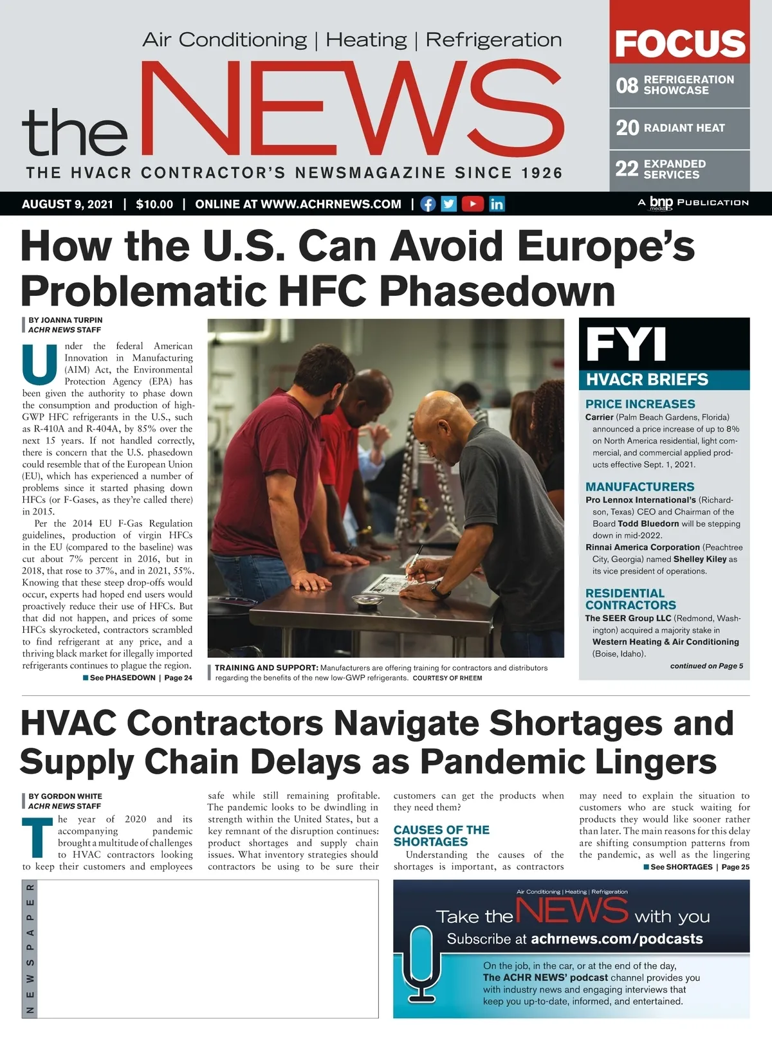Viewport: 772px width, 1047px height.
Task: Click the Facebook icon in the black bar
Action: [x=428, y=204]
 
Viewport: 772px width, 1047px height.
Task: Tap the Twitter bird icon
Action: [x=449, y=204]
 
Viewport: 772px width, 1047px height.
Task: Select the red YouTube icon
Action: [x=472, y=204]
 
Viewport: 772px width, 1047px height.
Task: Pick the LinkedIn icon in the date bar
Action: [x=497, y=204]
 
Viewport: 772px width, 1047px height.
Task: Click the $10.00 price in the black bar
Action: [x=154, y=205]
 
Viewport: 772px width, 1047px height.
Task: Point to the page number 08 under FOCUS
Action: [x=627, y=86]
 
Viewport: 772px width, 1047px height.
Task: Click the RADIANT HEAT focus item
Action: [x=684, y=128]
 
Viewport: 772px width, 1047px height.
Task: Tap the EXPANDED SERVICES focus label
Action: [x=674, y=169]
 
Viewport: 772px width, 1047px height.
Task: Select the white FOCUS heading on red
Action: [x=680, y=43]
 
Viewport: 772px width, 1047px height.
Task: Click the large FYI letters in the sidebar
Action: [x=625, y=345]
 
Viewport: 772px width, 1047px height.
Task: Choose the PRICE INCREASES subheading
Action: [x=640, y=404]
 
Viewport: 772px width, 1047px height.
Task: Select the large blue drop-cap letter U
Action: [x=39, y=363]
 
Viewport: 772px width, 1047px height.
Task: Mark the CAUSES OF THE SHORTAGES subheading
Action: [x=441, y=835]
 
